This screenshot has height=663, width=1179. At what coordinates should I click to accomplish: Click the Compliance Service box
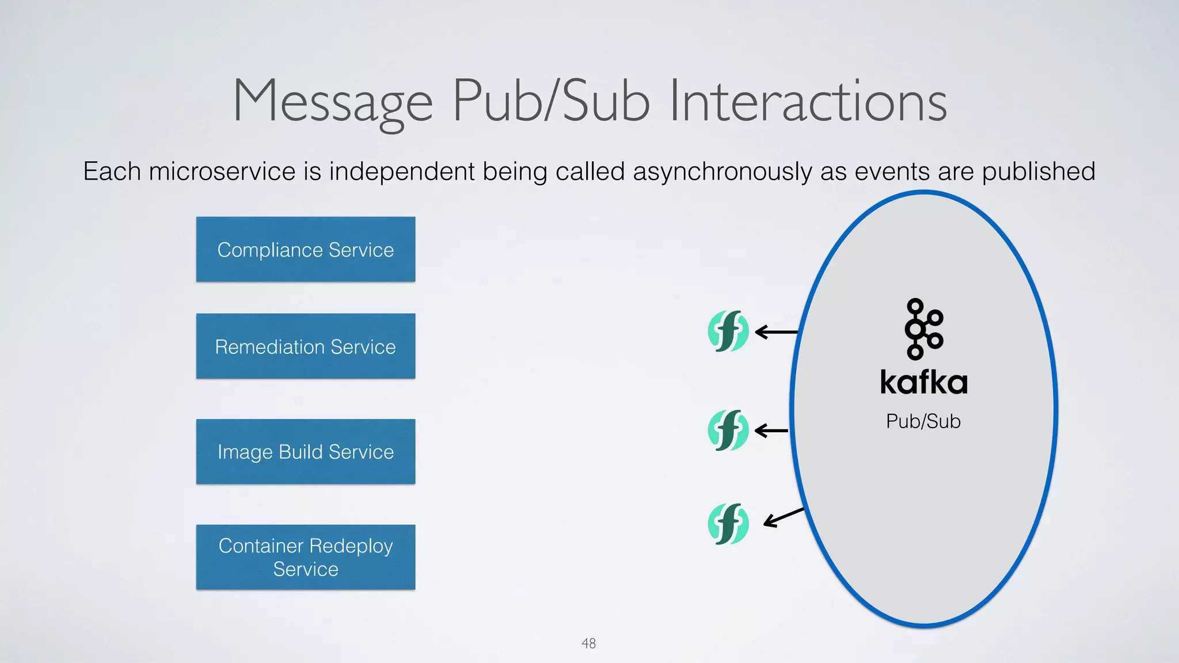[x=305, y=249]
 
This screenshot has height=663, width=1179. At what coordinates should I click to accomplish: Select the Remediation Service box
[x=305, y=346]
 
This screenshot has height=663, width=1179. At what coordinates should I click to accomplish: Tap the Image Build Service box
[x=305, y=452]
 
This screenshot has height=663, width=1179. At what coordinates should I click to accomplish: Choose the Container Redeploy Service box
[x=305, y=557]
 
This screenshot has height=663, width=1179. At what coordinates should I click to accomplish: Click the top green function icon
[x=728, y=331]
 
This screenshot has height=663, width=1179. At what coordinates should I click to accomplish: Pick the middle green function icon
[x=728, y=430]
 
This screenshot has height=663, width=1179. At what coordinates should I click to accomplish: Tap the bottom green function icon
[x=728, y=524]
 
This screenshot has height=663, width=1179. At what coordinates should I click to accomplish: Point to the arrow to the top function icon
[x=776, y=332]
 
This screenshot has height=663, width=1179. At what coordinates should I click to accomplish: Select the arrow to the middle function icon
[x=771, y=430]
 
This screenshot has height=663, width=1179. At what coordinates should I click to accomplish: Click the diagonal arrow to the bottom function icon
[x=784, y=517]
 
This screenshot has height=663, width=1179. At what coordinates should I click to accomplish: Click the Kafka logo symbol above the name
[x=923, y=329]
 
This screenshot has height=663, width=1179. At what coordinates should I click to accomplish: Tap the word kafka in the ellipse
[x=923, y=383]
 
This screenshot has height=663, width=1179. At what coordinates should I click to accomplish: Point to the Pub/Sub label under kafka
[x=923, y=421]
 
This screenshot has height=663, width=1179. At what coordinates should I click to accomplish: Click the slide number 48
[x=588, y=643]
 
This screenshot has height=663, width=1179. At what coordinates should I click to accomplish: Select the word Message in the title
[x=333, y=102]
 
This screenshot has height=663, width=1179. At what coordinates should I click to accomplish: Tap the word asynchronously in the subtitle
[x=722, y=172]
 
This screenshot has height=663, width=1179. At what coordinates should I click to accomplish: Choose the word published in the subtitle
[x=1038, y=172]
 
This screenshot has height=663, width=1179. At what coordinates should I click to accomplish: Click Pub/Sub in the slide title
[x=552, y=102]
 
